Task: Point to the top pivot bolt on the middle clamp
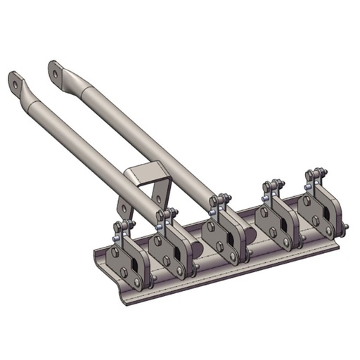point(219,201)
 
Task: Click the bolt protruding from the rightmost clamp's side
point(345,226)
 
